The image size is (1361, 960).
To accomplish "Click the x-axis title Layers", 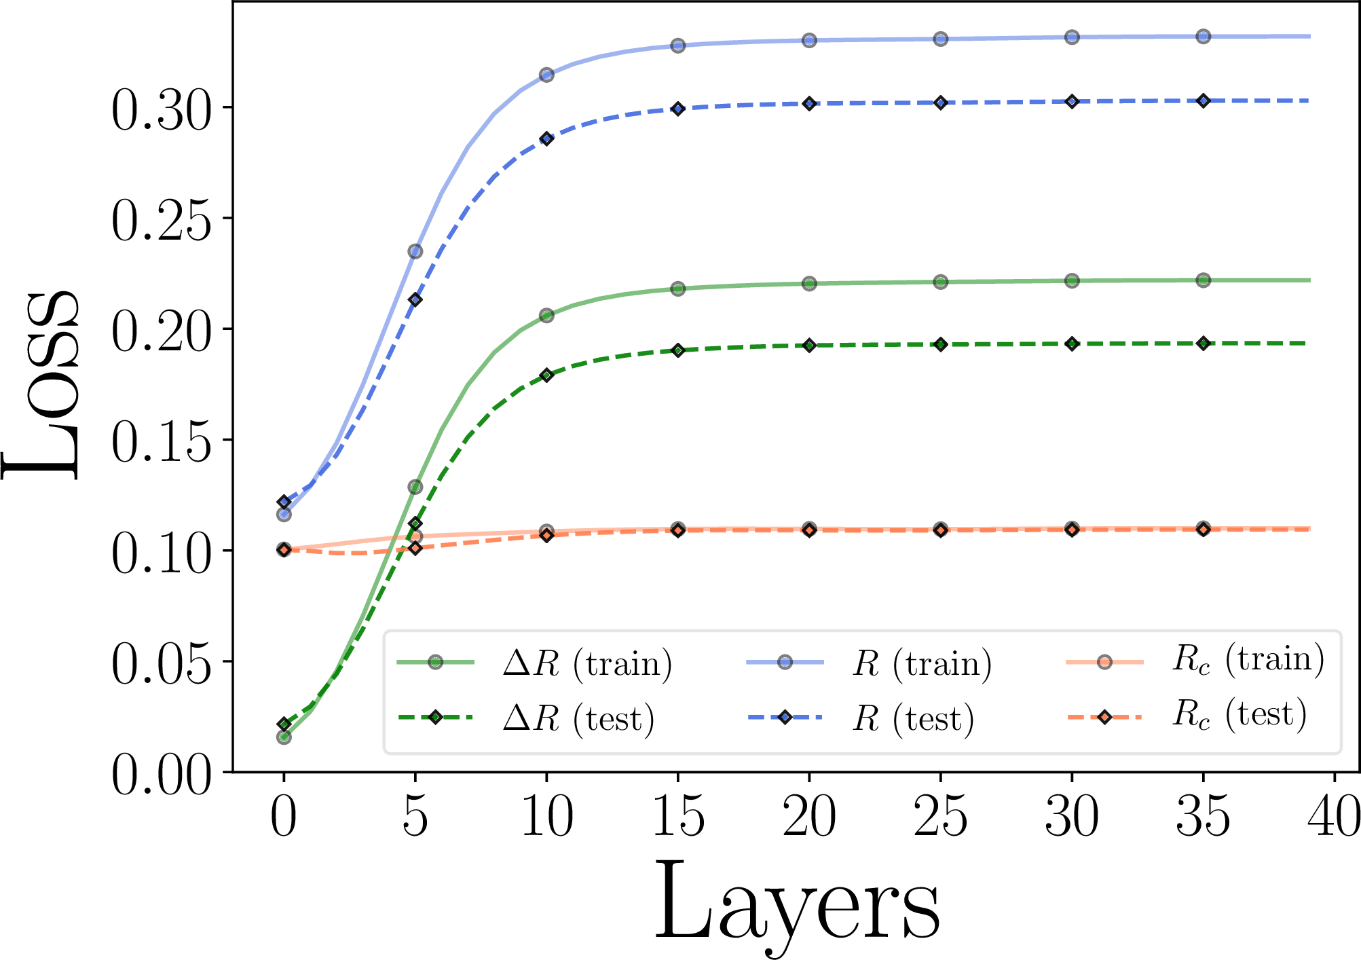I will (x=797, y=903).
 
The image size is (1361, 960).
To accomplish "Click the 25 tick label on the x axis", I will (x=941, y=817).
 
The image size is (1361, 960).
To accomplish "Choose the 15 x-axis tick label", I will (x=678, y=817).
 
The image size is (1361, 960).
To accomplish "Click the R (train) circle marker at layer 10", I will (x=546, y=75).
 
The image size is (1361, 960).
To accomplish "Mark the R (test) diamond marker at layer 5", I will (x=415, y=299).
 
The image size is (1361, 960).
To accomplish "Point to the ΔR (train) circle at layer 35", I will (x=1204, y=280).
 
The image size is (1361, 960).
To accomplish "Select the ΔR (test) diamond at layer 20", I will (x=809, y=345).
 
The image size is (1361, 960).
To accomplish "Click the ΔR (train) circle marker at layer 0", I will (x=284, y=737).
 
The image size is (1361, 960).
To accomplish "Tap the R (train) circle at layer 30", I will (x=1072, y=37).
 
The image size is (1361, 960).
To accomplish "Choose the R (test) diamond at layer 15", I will (x=678, y=109).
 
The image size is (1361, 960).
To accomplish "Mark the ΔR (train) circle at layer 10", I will (x=546, y=315).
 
